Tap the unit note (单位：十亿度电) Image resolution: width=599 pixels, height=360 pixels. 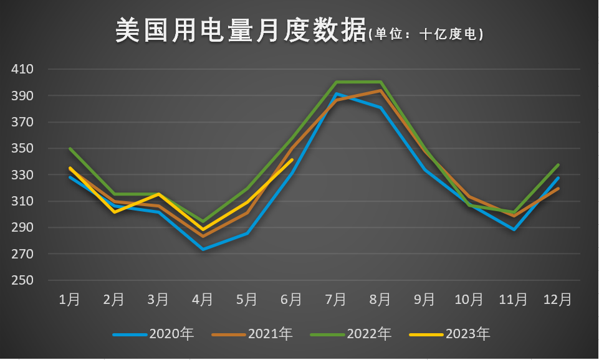click(426, 34)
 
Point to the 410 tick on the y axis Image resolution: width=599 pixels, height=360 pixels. click(22, 69)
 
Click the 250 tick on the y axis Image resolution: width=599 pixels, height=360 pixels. click(22, 280)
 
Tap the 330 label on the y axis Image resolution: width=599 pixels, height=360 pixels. click(22, 175)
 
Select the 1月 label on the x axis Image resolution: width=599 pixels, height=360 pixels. click(69, 300)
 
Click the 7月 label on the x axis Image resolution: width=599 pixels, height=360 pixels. click(336, 300)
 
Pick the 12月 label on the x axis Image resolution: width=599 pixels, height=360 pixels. click(558, 300)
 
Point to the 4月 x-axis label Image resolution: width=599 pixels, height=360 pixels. click(203, 300)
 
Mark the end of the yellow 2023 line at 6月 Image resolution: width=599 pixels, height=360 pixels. click(292, 159)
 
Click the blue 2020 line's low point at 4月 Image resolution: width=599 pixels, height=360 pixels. click(203, 249)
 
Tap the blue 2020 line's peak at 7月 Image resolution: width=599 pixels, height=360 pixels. click(336, 94)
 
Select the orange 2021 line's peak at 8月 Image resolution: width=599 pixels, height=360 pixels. click(380, 90)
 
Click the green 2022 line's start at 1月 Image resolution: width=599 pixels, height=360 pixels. click(69, 148)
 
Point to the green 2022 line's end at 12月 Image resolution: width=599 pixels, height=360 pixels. click(558, 165)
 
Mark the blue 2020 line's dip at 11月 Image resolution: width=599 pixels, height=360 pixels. click(514, 229)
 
